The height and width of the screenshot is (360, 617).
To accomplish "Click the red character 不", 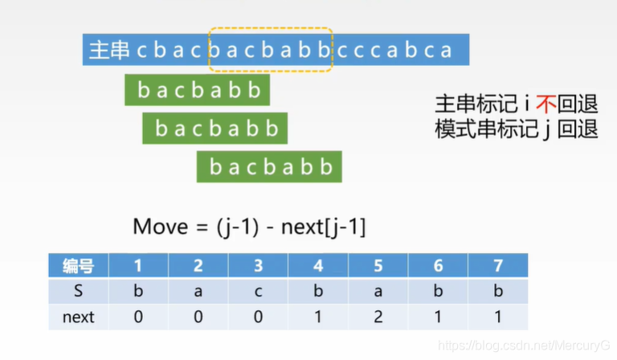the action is [546, 104].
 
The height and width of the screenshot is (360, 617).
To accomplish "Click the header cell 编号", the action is [78, 266].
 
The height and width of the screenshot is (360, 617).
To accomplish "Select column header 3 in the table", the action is [258, 266].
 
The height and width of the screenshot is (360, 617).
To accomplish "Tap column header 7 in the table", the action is [498, 266].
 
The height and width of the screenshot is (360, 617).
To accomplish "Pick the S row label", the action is [78, 291].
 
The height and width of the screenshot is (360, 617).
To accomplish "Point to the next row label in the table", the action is [78, 317].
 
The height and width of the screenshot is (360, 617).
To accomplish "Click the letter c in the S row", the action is [258, 292].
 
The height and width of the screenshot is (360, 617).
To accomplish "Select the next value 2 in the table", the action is [378, 317].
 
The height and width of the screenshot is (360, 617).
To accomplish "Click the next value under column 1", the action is [138, 317].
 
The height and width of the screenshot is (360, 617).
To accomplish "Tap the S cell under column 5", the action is [378, 292].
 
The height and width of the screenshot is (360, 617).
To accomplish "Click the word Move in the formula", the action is [161, 227].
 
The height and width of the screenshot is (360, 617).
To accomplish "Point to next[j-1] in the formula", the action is [324, 227].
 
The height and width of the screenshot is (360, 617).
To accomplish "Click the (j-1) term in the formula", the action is [238, 227].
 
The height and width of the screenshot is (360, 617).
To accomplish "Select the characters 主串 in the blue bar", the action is [110, 50].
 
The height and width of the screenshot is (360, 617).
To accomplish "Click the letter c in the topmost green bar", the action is [180, 91].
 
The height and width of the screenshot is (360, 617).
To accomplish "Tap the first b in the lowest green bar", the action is [215, 167].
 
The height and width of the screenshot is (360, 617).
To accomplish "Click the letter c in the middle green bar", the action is [198, 129].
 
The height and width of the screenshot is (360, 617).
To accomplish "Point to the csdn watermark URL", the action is [524, 346].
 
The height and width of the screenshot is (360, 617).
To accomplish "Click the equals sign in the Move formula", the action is [202, 227].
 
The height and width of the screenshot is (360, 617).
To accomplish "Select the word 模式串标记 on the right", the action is [486, 129].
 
